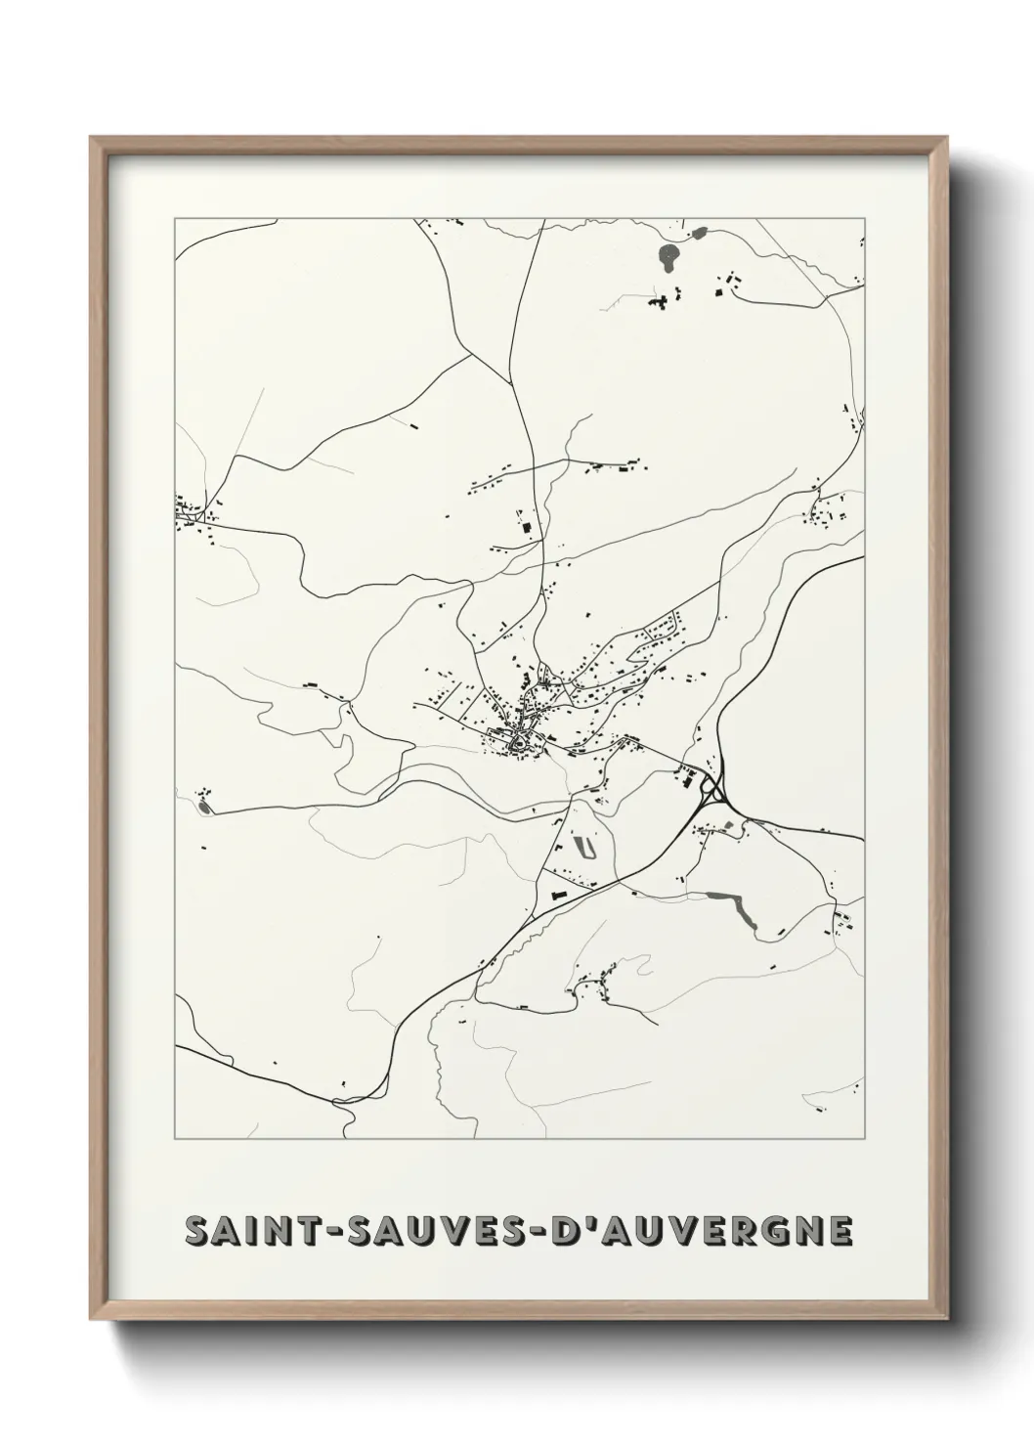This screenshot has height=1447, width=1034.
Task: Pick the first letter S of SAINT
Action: click(197, 1232)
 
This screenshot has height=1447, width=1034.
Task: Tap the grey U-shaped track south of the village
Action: click(587, 846)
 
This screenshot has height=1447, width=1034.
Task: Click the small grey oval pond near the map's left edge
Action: click(203, 807)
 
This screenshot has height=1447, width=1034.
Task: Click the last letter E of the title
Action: click(839, 1232)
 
